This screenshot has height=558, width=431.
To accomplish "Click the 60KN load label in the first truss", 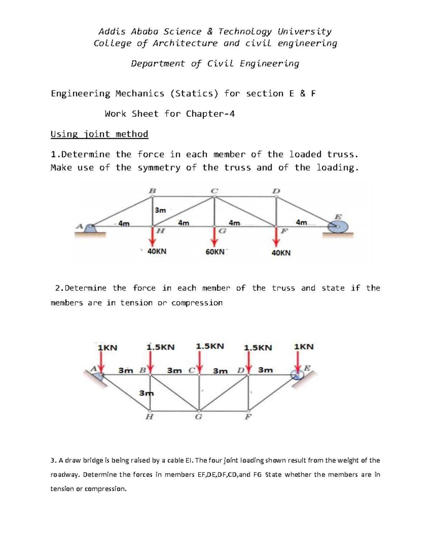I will click(215, 252).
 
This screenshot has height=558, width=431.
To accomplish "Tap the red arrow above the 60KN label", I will click(215, 238).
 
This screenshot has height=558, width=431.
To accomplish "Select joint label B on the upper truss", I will click(152, 191).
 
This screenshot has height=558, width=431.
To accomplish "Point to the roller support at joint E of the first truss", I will click(338, 227).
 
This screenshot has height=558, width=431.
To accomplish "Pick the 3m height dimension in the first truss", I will click(160, 210).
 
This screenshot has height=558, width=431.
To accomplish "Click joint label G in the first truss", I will click(222, 231).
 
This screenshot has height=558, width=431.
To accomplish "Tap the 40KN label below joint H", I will click(157, 252).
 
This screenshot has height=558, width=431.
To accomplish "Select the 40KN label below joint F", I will click(281, 253).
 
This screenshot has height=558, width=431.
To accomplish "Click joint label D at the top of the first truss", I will click(276, 191).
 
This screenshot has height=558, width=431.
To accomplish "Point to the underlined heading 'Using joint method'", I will click(99, 134).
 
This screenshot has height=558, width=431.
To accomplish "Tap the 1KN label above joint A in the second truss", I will click(107, 347).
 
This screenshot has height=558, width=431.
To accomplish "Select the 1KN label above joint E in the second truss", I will click(303, 347).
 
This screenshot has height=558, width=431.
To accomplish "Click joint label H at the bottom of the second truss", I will click(149, 417).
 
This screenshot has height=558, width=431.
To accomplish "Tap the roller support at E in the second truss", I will click(297, 375).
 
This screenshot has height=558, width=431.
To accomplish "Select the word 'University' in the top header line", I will click(304, 32).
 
